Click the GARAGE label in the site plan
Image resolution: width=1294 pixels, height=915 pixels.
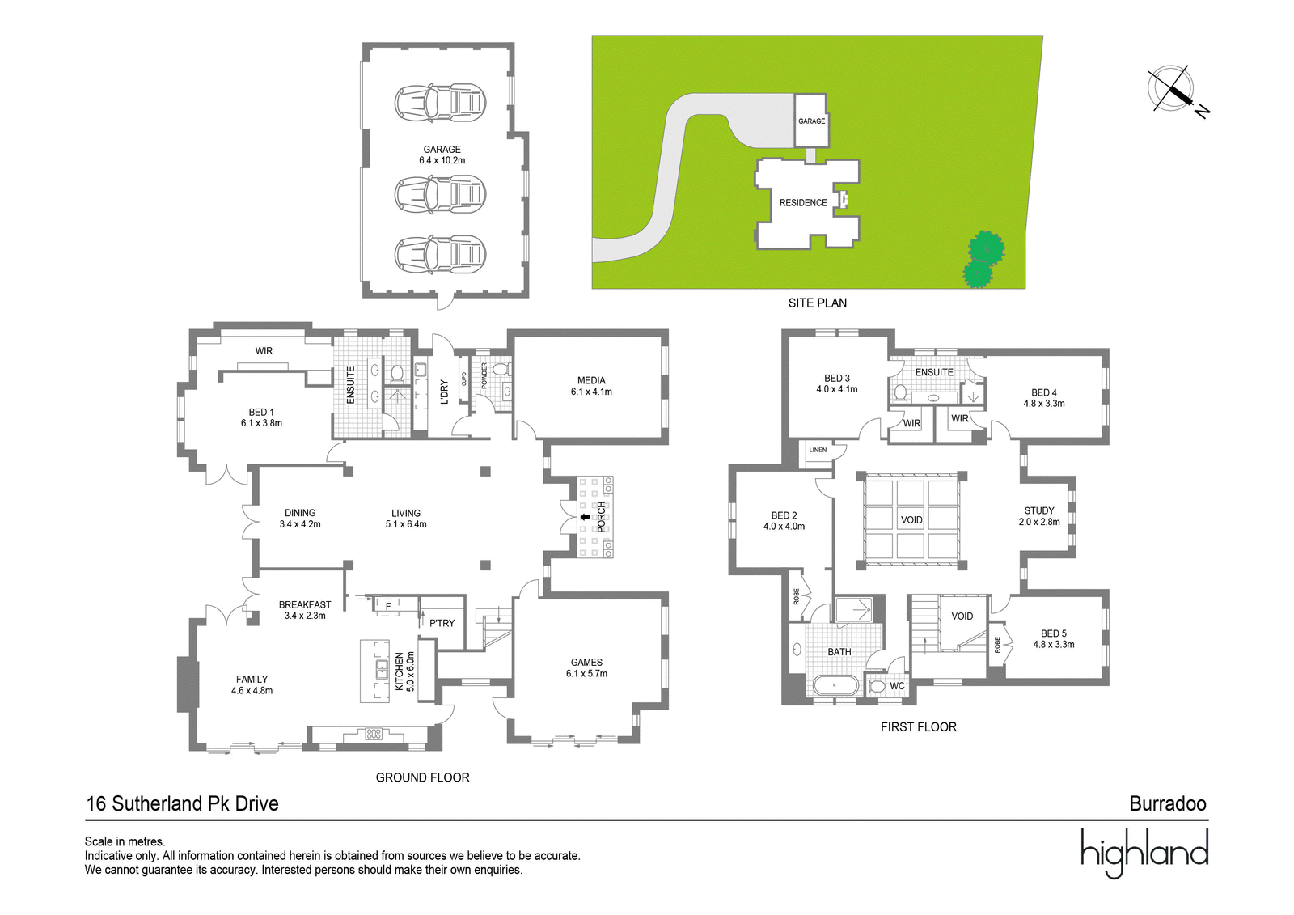[812, 121]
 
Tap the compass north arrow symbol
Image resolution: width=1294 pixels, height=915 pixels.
[1173, 92]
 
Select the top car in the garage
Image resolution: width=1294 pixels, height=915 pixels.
[440, 103]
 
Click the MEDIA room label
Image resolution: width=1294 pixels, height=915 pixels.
[591, 380]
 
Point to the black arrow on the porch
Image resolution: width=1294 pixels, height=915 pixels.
[586, 517]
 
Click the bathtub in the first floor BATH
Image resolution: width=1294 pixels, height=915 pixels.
[835, 685]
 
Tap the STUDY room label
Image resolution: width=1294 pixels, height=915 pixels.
[1039, 510]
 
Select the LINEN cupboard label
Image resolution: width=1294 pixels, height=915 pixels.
[818, 450]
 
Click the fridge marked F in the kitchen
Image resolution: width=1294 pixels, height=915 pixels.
[388, 606]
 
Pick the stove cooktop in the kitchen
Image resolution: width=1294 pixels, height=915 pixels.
[374, 734]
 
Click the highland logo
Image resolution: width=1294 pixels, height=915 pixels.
[1144, 854]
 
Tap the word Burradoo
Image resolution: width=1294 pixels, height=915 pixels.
[1168, 804]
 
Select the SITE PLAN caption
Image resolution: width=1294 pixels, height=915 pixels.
[818, 303]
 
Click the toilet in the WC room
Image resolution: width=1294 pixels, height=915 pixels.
[877, 686]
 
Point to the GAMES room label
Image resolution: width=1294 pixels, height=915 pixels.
[586, 663]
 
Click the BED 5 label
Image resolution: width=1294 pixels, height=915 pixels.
[1054, 633]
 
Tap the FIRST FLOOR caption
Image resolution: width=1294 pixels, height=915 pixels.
[919, 727]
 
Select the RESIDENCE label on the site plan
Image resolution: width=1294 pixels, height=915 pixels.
[803, 203]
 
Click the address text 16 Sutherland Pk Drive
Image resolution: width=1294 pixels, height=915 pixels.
[183, 804]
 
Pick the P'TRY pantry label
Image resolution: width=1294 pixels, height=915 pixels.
[442, 623]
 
